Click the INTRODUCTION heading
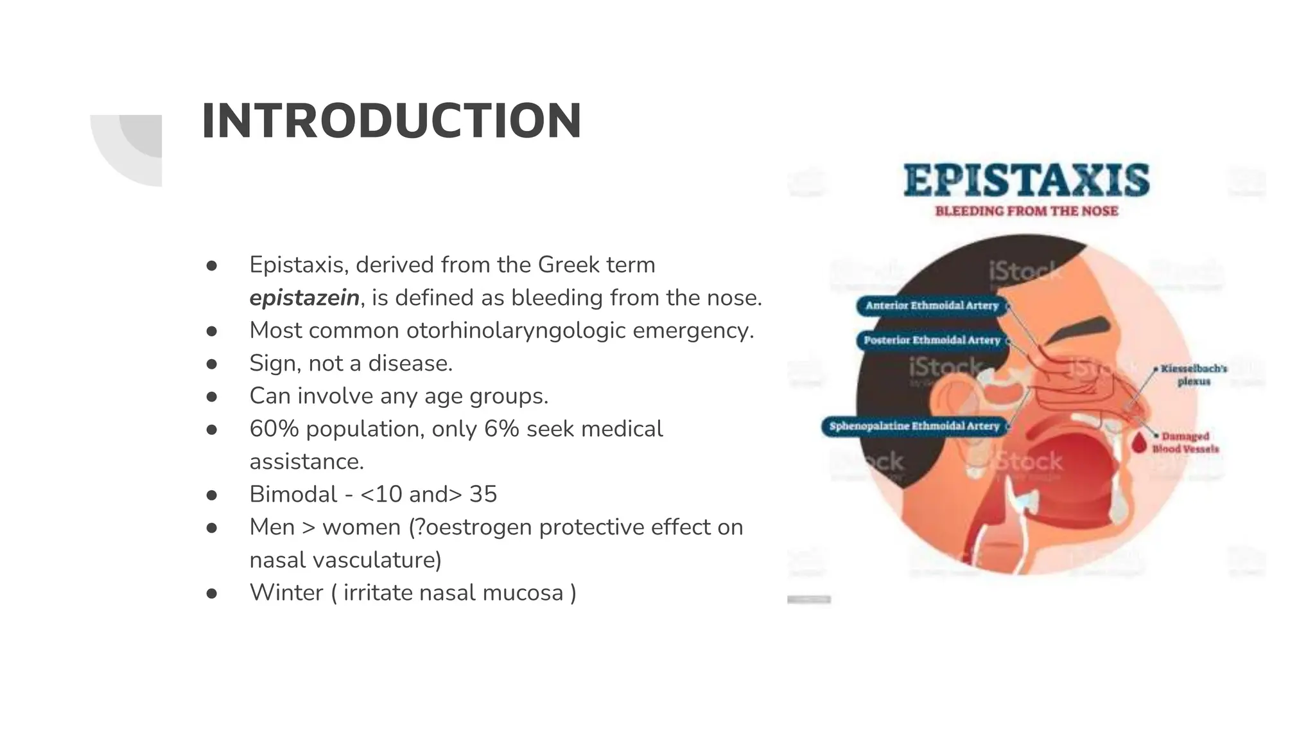point(391,121)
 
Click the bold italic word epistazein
point(304,297)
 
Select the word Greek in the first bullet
point(564,265)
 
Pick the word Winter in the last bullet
point(286,592)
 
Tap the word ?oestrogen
point(472,527)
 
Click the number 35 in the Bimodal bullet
point(483,494)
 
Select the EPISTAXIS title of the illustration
point(1026,180)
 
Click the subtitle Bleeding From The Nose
point(1026,211)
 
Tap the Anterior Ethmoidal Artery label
point(932,306)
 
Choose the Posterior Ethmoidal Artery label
point(932,340)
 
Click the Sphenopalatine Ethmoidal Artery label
point(914,426)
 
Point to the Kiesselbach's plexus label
point(1193,374)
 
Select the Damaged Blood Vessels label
point(1185,442)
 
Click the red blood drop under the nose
point(1138,442)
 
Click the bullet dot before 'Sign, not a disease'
point(212,364)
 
